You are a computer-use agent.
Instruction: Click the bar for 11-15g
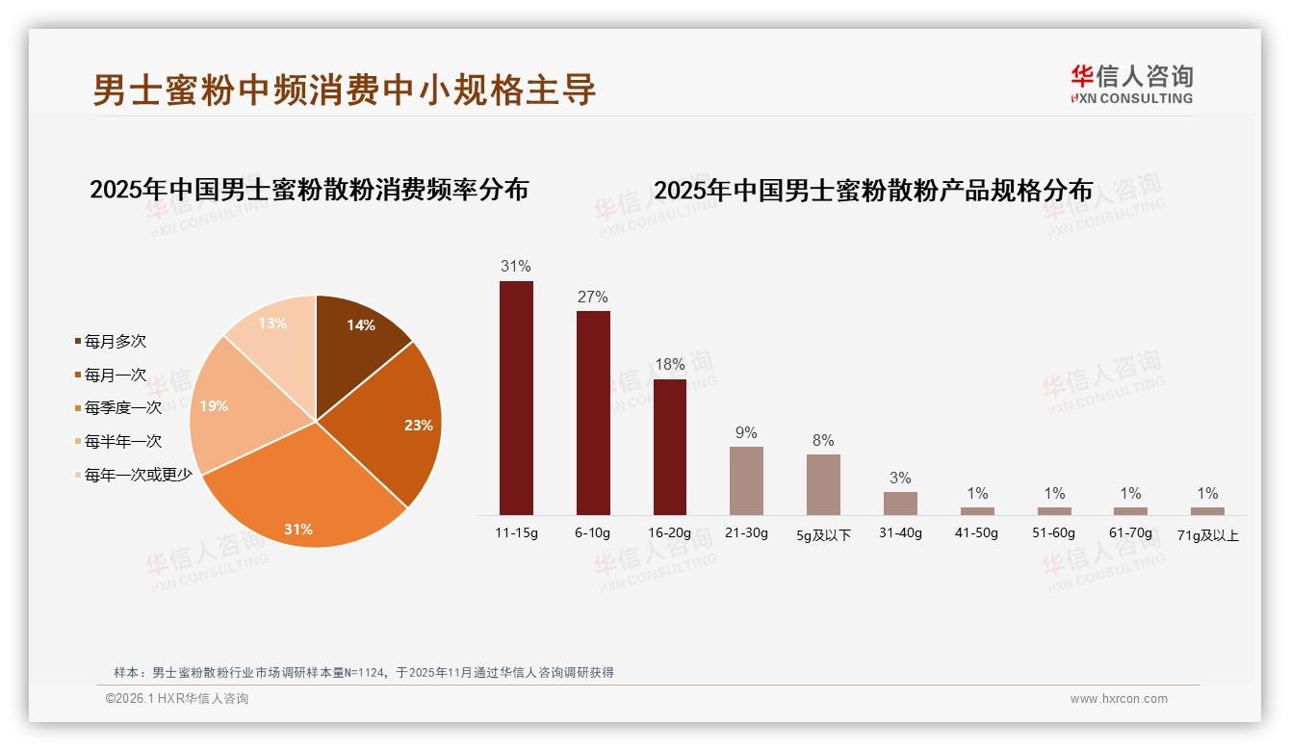point(516,398)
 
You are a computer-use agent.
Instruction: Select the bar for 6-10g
point(593,412)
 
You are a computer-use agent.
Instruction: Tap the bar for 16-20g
point(670,447)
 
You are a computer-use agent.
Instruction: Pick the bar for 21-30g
point(746,480)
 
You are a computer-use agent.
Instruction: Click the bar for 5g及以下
point(823,484)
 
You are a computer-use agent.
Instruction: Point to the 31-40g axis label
point(900,532)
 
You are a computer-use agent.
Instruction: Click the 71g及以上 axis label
point(1207,535)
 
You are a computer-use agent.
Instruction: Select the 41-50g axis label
point(977,532)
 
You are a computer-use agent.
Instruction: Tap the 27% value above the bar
point(593,297)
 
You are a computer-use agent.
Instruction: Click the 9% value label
point(746,432)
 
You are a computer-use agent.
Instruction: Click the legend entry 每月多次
point(115,342)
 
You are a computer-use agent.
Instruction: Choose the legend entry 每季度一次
point(122,408)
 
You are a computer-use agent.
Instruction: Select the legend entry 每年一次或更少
point(138,475)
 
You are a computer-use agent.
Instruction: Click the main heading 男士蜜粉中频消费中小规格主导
point(344,90)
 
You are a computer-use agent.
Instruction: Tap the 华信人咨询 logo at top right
point(1131,84)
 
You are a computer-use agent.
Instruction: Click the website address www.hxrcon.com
point(1119,699)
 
